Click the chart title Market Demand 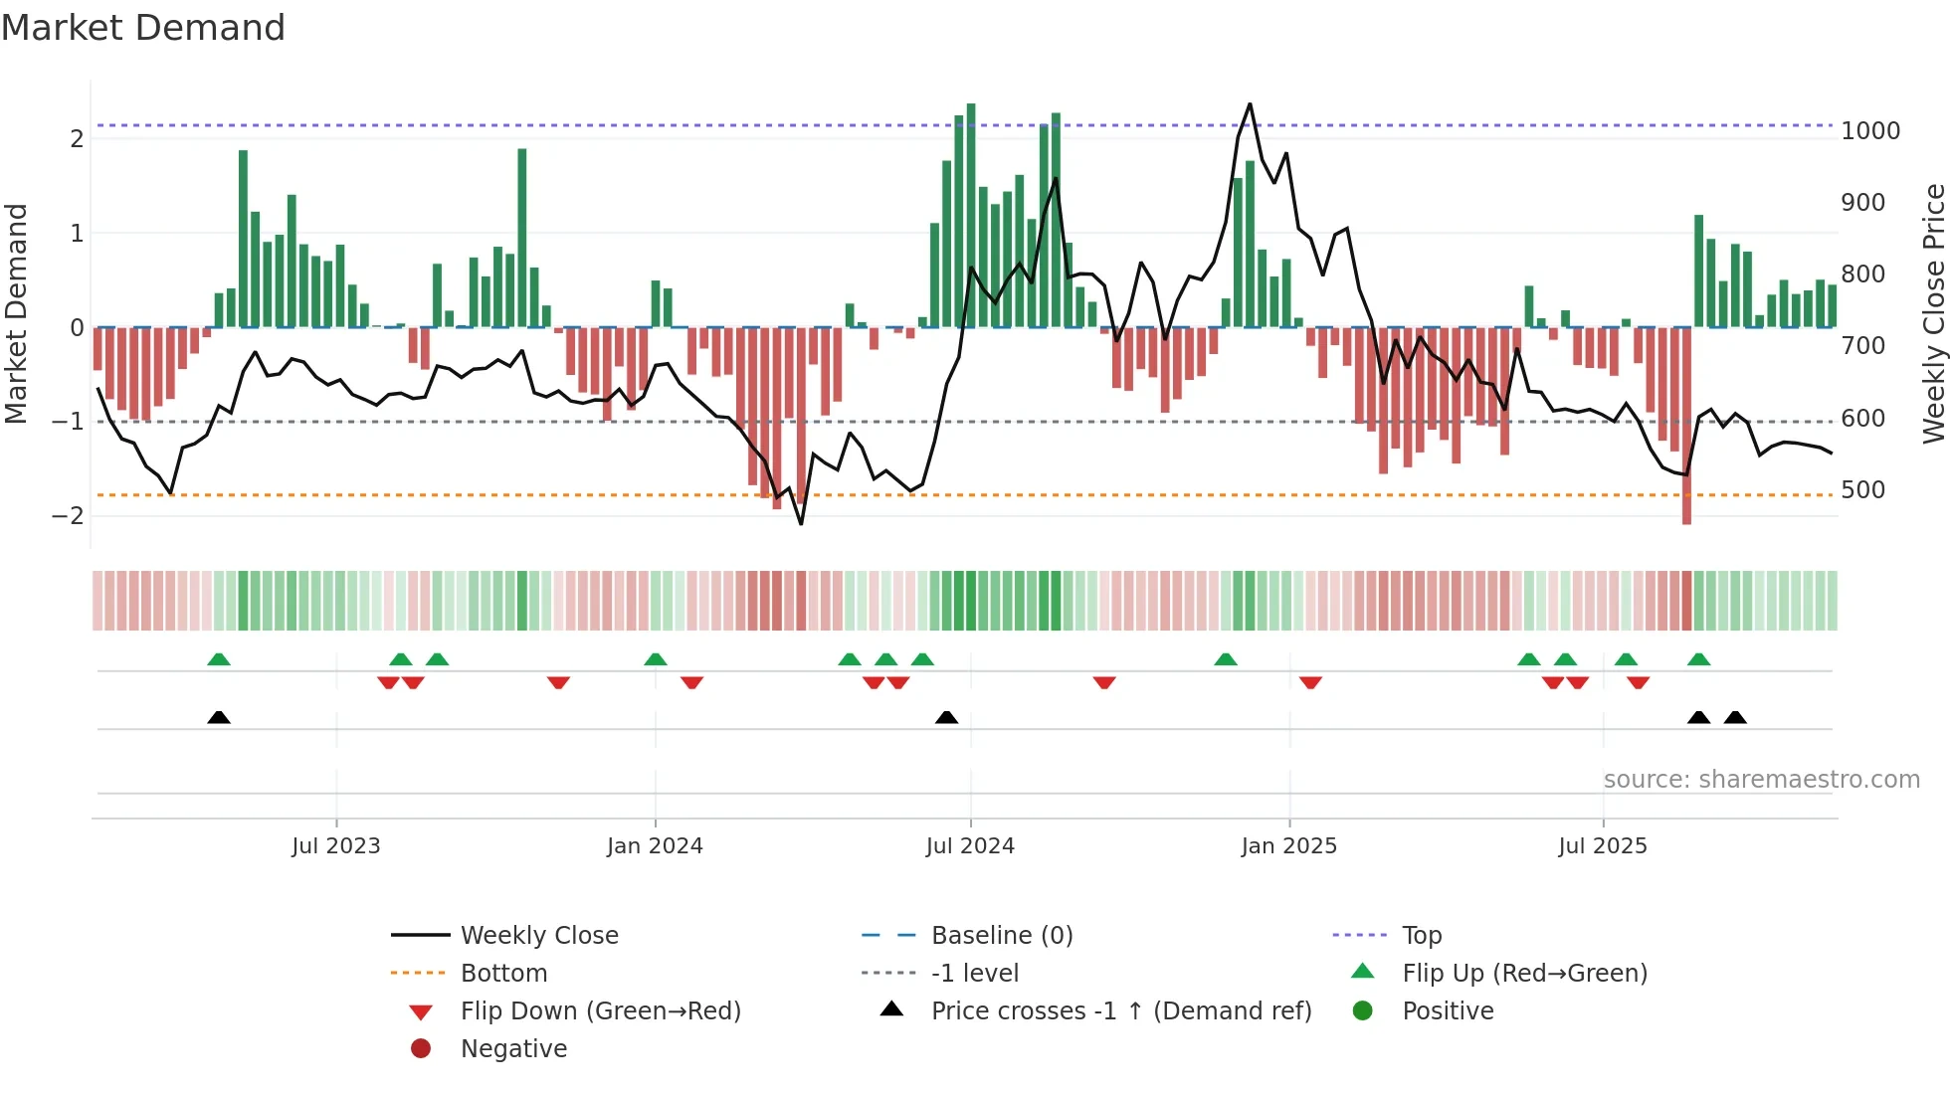pyautogui.click(x=143, y=28)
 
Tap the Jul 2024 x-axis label pyautogui.click(x=970, y=846)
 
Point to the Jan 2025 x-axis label pyautogui.click(x=1288, y=846)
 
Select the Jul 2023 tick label pyautogui.click(x=336, y=846)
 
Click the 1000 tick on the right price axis pyautogui.click(x=1870, y=131)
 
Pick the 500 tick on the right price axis pyautogui.click(x=1862, y=490)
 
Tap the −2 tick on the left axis pyautogui.click(x=68, y=516)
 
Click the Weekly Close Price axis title pyautogui.click(x=1933, y=313)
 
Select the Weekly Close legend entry pyautogui.click(x=538, y=936)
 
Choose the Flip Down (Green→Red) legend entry pyautogui.click(x=600, y=1011)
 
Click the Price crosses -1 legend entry pyautogui.click(x=1120, y=1011)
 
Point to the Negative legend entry pyautogui.click(x=513, y=1049)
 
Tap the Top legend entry pyautogui.click(x=1421, y=936)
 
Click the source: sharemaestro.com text pyautogui.click(x=1761, y=780)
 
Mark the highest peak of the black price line pyautogui.click(x=1250, y=104)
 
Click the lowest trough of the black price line pyautogui.click(x=801, y=523)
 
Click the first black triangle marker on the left pyautogui.click(x=219, y=717)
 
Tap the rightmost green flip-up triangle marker pyautogui.click(x=1698, y=659)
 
